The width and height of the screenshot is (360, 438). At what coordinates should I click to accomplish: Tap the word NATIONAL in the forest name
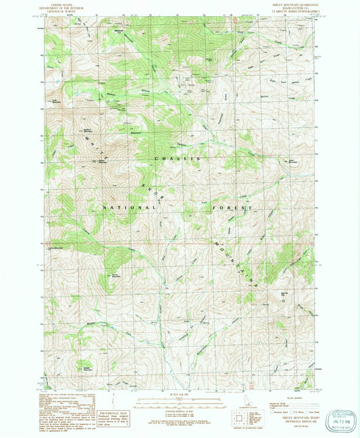[x=123, y=209]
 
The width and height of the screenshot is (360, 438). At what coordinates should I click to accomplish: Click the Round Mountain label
[x=116, y=257]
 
